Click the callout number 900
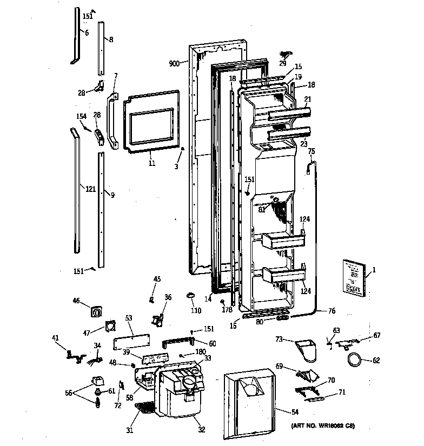(174, 64)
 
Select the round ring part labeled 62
(354, 359)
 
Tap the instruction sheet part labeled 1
(353, 277)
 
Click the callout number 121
(90, 189)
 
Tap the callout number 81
(261, 210)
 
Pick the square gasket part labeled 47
(110, 327)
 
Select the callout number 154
(81, 117)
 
